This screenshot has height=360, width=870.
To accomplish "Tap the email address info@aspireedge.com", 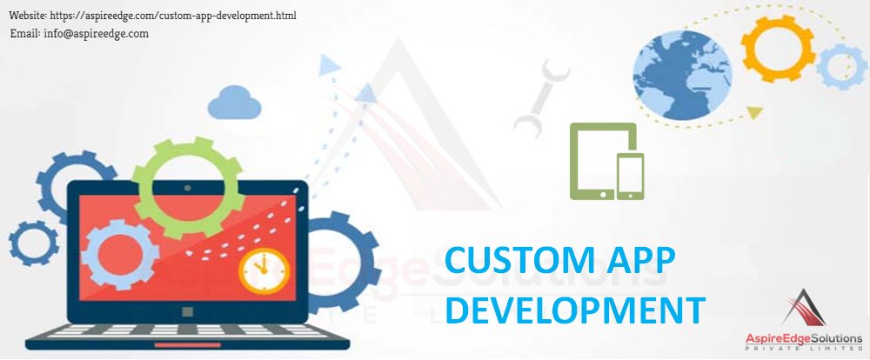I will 79,33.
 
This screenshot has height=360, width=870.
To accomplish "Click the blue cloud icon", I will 234,102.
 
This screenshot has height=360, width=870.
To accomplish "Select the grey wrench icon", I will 541,100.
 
